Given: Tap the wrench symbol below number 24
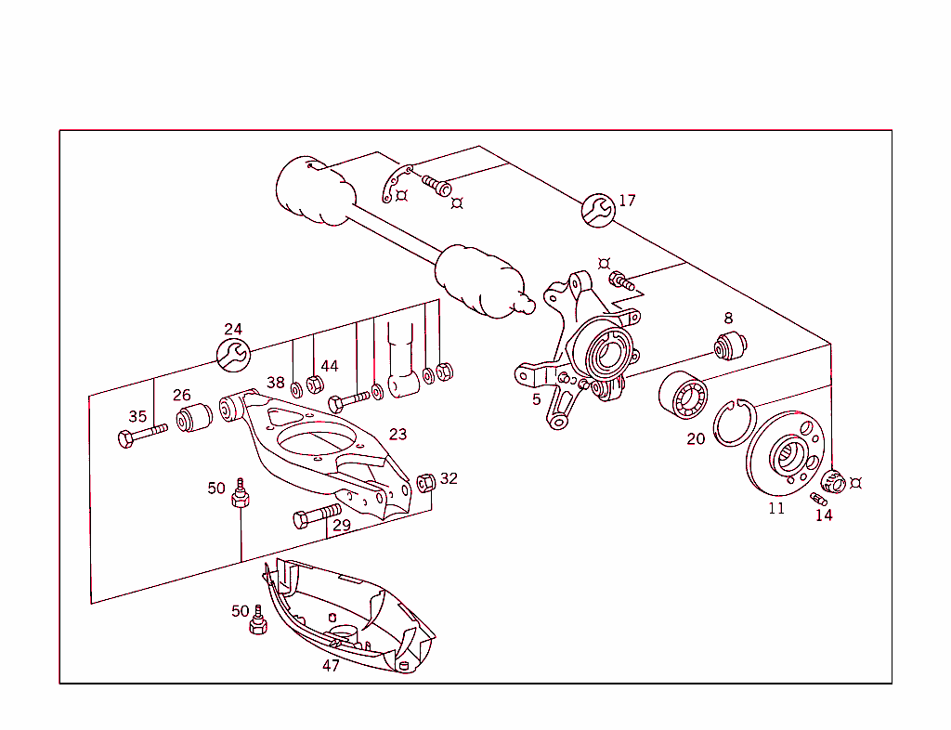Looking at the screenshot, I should point(232,354).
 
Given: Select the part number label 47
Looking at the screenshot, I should point(331,665).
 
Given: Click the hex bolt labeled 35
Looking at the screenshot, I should point(139,435).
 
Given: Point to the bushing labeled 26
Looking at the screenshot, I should point(195,419).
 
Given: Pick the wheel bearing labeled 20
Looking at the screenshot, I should point(684,396).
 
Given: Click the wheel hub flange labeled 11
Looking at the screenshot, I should point(785,452).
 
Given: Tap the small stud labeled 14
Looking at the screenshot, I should point(818,500).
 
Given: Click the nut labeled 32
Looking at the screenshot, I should point(427,482).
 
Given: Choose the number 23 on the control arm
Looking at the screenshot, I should point(397,435).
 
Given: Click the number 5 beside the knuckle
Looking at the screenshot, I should point(536,400).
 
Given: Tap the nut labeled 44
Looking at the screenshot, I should point(314,385).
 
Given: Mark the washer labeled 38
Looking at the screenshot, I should point(295,386).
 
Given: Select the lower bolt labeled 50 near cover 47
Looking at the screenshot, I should point(258,622).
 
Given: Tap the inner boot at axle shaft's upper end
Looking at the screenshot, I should point(315,191).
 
